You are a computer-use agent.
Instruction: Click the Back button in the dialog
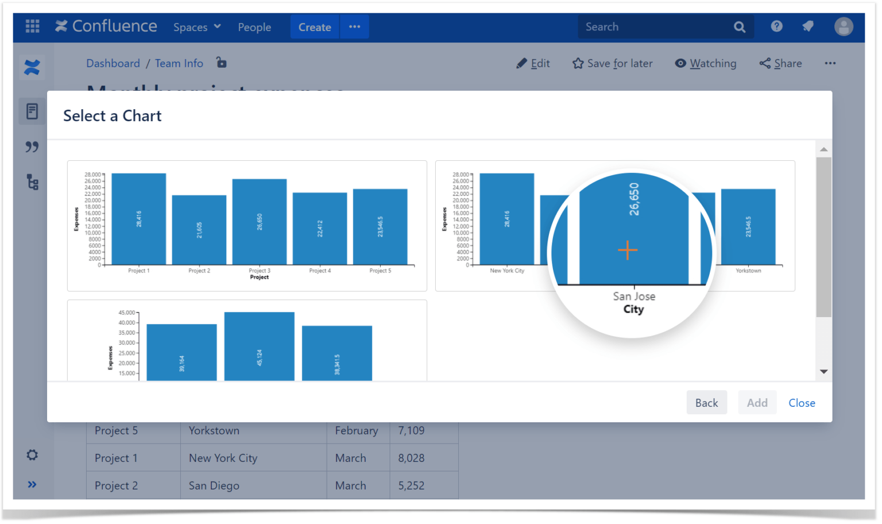[x=706, y=403]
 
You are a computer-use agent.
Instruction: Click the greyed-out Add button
[x=757, y=403]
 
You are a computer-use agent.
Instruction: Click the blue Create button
[x=315, y=27]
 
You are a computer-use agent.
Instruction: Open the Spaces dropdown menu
[x=197, y=27]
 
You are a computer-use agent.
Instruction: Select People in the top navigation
[x=254, y=27]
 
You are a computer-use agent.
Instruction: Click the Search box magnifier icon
[x=740, y=27]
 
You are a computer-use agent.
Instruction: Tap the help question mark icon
[x=776, y=26]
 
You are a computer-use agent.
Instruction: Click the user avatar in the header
[x=843, y=26]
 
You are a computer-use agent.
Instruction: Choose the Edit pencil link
[x=533, y=63]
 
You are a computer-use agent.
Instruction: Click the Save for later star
[x=612, y=63]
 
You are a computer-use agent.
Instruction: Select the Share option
[x=780, y=63]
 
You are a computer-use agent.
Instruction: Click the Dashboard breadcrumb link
[x=113, y=63]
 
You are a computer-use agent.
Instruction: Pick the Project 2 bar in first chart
[x=199, y=230]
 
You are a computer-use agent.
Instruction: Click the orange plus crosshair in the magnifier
[x=628, y=250]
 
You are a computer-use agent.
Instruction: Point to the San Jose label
[x=634, y=296]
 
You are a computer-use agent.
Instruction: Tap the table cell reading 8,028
[x=411, y=458]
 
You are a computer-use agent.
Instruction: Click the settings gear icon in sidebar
[x=32, y=455]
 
